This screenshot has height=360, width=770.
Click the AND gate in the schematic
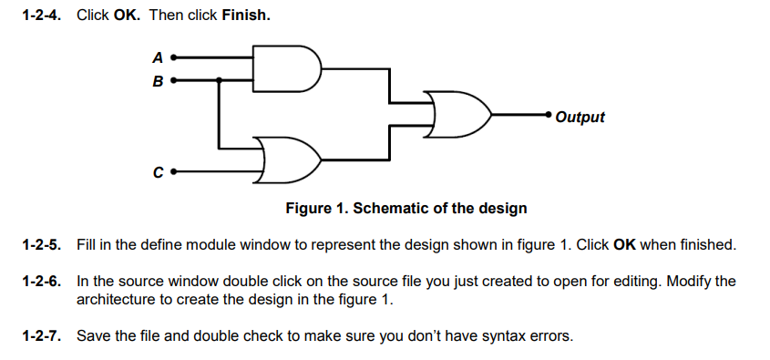coord(286,69)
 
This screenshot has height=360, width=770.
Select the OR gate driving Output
coord(460,115)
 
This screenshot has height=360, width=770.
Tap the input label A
coord(158,57)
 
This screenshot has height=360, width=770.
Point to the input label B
coord(158,82)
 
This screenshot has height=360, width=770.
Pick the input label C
coord(158,170)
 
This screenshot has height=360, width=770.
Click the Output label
coord(580,117)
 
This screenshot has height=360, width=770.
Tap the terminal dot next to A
coord(173,57)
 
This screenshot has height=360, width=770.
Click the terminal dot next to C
coord(173,170)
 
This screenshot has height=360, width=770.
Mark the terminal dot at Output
coord(548,115)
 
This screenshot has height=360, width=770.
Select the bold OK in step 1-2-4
coord(126,15)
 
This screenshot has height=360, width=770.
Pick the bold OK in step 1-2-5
coord(624,245)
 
